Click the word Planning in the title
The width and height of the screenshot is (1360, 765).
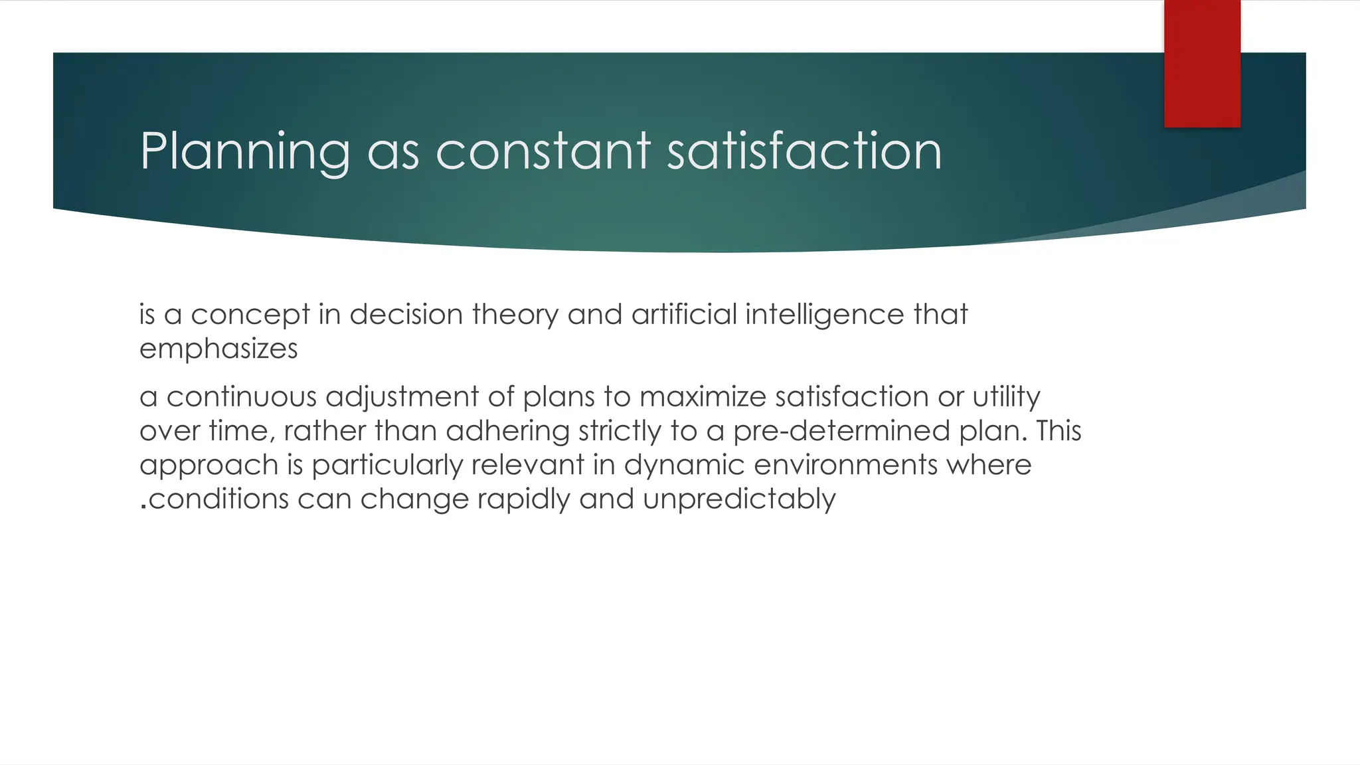[x=245, y=151]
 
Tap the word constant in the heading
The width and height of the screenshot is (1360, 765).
[x=543, y=151]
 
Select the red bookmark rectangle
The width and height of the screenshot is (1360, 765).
[x=1202, y=64]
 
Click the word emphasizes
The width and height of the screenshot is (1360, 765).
[x=218, y=349]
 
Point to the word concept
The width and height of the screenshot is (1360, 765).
[x=250, y=314]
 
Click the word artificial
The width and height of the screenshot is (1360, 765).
[x=684, y=314]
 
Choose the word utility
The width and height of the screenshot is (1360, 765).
[x=1006, y=396]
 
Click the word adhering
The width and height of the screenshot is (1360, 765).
[x=508, y=431]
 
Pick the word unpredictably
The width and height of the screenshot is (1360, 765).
[x=739, y=499]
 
